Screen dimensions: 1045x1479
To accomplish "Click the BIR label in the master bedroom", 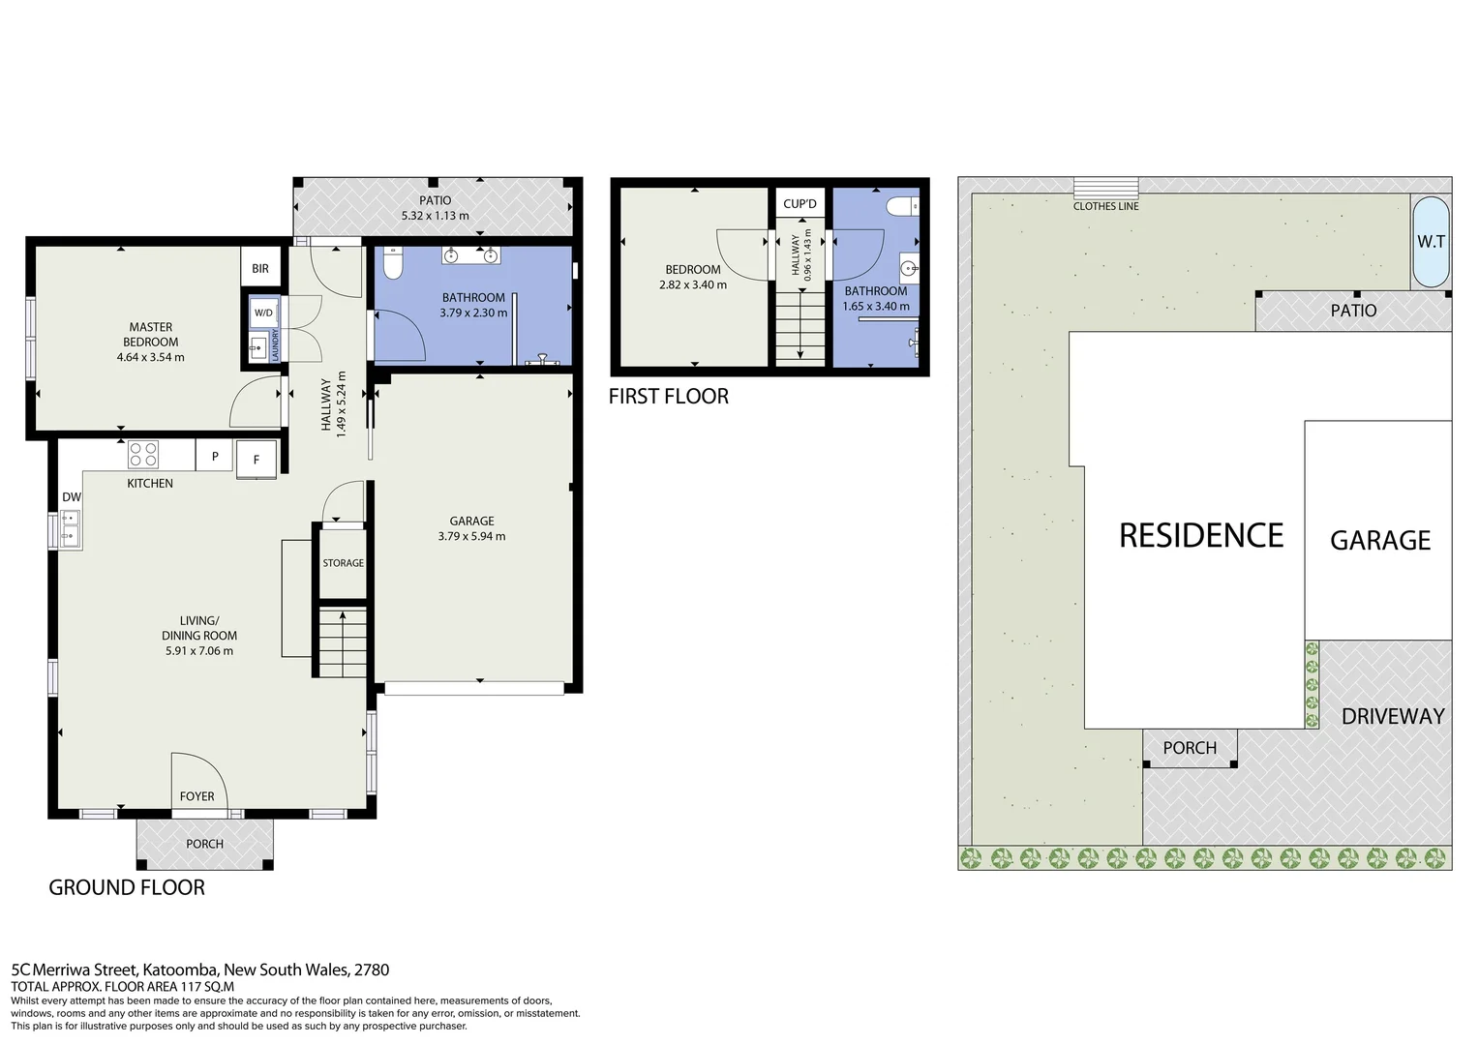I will pyautogui.click(x=260, y=269).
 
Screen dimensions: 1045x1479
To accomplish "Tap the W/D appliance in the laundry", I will pyautogui.click(x=263, y=313).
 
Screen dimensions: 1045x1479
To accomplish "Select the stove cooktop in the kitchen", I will pyautogui.click(x=143, y=454).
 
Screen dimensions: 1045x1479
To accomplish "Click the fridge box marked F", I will pyautogui.click(x=257, y=460).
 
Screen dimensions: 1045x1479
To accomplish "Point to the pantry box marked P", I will pyautogui.click(x=215, y=457).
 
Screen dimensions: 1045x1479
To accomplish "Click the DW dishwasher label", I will pyautogui.click(x=72, y=497).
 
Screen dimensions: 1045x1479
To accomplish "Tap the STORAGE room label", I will pyautogui.click(x=343, y=563).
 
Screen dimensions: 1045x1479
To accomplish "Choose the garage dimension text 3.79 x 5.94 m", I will pyautogui.click(x=471, y=536).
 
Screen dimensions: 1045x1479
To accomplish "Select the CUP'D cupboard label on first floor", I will pyautogui.click(x=800, y=204).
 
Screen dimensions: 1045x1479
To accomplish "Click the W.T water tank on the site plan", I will pyautogui.click(x=1431, y=242).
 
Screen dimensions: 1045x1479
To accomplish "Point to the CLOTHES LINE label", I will pyautogui.click(x=1105, y=206).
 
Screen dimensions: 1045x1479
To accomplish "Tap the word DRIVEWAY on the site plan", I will pyautogui.click(x=1392, y=717).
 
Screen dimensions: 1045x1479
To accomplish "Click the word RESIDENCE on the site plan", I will pyautogui.click(x=1200, y=536).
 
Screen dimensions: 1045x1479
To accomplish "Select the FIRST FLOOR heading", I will pyautogui.click(x=668, y=397).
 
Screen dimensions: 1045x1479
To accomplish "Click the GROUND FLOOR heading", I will pyautogui.click(x=127, y=888).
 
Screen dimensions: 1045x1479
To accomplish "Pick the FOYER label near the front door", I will pyautogui.click(x=196, y=797).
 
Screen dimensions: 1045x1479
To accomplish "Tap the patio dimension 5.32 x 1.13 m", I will pyautogui.click(x=435, y=216).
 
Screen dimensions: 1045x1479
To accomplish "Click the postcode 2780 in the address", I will pyautogui.click(x=372, y=970).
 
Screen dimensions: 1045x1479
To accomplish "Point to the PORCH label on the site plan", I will pyautogui.click(x=1190, y=748).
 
